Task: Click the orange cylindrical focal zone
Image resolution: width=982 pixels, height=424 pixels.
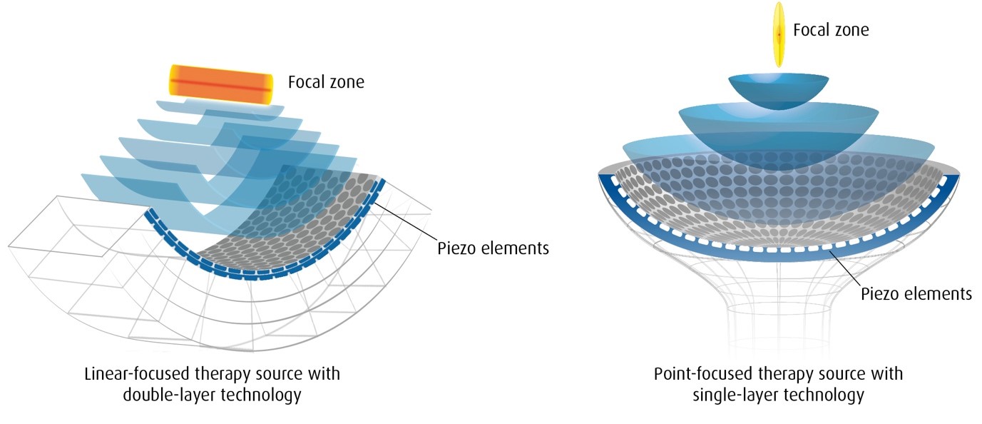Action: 221,85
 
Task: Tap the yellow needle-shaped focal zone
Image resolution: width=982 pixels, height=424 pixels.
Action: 779,34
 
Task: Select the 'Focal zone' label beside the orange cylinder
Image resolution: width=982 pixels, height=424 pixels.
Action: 326,82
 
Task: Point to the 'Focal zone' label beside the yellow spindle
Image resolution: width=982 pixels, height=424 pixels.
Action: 831,30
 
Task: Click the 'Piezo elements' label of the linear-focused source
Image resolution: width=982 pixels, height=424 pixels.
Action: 493,248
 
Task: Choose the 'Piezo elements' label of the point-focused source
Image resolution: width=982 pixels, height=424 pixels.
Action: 916,293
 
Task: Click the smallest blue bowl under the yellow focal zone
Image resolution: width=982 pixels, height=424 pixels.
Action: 779,91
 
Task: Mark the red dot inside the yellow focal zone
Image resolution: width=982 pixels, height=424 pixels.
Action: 779,34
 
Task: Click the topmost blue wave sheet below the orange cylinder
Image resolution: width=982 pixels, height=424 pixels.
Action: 219,110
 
